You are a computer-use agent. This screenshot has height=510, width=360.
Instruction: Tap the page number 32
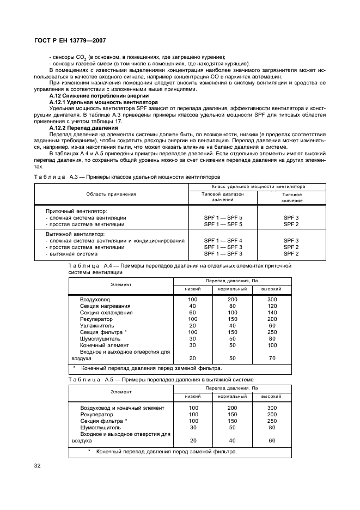[38, 465]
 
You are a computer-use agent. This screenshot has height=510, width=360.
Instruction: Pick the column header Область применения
[111, 194]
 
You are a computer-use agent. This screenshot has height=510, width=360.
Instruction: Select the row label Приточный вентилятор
[76, 211]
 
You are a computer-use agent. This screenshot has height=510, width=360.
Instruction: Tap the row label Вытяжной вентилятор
[76, 234]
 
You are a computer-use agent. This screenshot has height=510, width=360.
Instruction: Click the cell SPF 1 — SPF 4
[223, 240]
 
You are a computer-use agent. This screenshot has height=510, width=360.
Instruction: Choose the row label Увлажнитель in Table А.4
[97, 325]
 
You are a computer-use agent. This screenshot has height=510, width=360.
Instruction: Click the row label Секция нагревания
[105, 306]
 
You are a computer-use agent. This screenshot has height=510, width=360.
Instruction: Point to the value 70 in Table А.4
[272, 358]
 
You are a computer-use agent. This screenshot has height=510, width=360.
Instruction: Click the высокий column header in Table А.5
[271, 396]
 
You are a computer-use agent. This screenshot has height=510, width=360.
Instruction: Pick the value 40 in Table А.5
[233, 440]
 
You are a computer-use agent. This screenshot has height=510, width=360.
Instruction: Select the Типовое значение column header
[291, 197]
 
